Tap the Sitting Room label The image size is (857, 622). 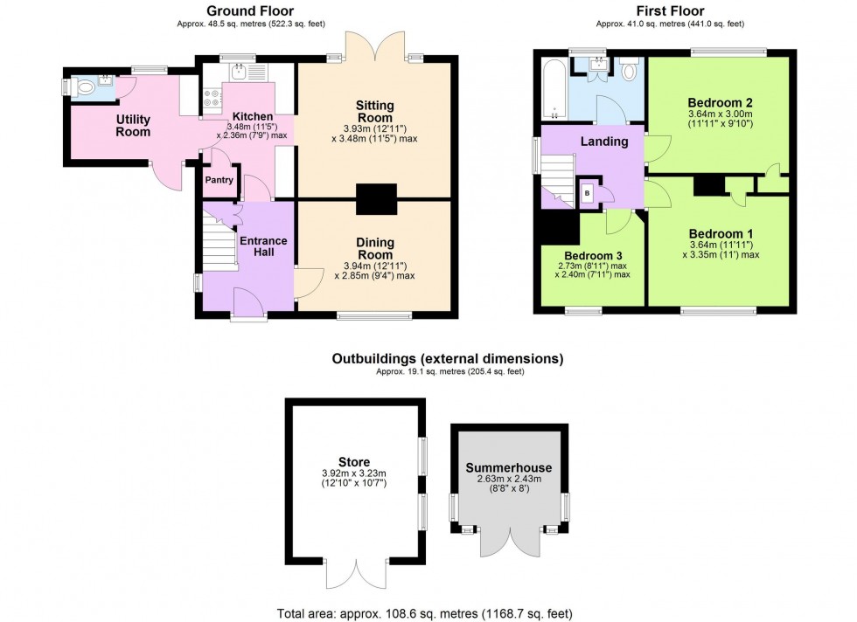[x=374, y=111]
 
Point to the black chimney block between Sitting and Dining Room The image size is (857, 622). [x=376, y=199]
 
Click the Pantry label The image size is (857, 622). [x=219, y=180]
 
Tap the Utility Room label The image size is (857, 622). [x=134, y=126]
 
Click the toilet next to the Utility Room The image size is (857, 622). [x=85, y=87]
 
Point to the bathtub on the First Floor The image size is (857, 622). [x=553, y=90]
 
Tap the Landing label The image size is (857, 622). [x=604, y=142]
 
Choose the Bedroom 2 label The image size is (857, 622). [x=721, y=102]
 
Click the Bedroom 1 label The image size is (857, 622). [x=721, y=233]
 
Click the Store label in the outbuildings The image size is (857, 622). [x=353, y=462]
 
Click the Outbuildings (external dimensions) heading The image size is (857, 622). [x=447, y=359]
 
